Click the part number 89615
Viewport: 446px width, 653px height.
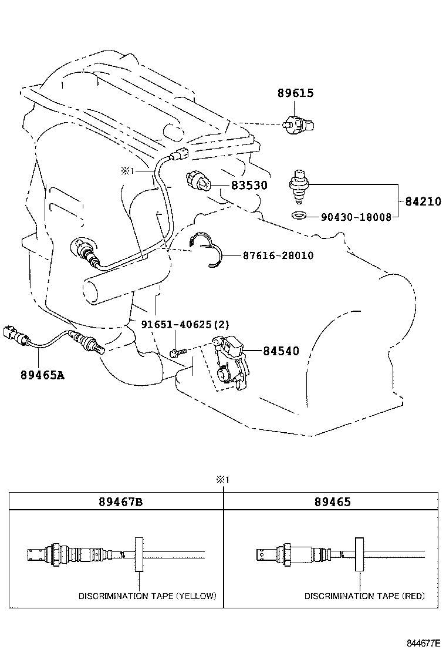click(x=296, y=93)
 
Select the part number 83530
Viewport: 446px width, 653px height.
click(x=249, y=186)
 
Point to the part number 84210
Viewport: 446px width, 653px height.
click(x=423, y=201)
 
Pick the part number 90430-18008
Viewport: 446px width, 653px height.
click(x=356, y=217)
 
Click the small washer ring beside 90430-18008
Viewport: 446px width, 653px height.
click(x=299, y=216)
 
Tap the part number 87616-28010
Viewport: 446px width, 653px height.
click(x=278, y=255)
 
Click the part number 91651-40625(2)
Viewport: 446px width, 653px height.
click(x=185, y=324)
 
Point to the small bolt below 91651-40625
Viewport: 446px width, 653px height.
click(x=177, y=351)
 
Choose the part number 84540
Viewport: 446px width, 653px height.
click(x=281, y=351)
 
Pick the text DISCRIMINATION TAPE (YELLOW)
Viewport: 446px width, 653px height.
click(x=147, y=595)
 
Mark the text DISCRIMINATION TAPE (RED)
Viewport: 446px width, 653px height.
click(x=364, y=595)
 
